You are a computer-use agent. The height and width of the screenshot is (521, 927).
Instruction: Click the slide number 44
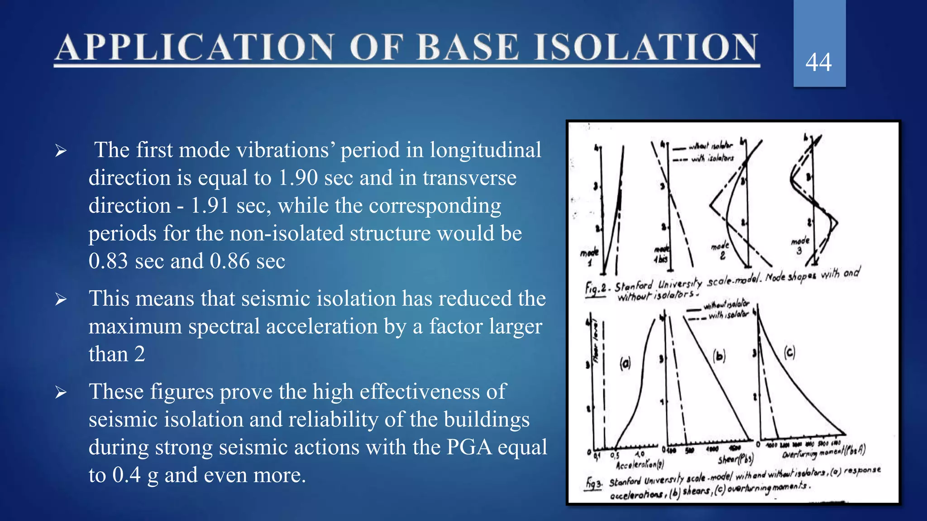pyautogui.click(x=818, y=62)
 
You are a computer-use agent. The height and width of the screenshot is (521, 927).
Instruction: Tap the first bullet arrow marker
pyautogui.click(x=61, y=151)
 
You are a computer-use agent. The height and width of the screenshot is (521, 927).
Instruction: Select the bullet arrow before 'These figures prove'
pyautogui.click(x=61, y=393)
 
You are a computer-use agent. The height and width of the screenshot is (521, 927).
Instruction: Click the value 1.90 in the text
pyautogui.click(x=298, y=178)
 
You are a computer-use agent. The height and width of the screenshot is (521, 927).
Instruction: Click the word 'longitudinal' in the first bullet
pyautogui.click(x=485, y=150)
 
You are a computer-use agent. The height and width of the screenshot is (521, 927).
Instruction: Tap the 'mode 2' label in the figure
pyautogui.click(x=720, y=250)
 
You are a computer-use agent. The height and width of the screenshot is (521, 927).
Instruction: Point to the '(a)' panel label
pyautogui.click(x=625, y=363)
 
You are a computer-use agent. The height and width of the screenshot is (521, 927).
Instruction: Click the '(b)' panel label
pyautogui.click(x=719, y=356)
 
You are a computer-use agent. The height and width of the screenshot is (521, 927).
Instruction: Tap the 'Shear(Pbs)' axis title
pyautogui.click(x=736, y=459)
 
